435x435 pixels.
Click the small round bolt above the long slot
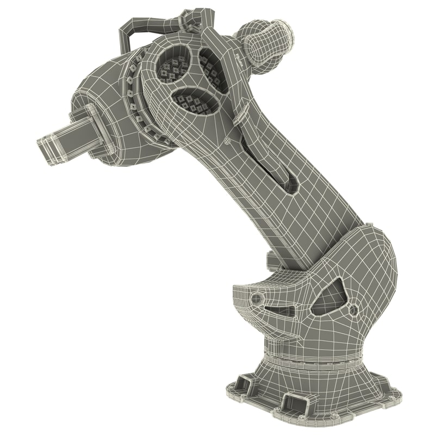227,140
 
